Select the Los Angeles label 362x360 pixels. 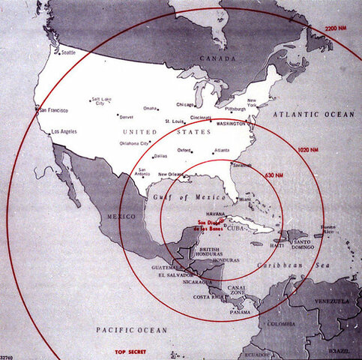click(x=63, y=132)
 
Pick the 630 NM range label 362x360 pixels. click(x=274, y=175)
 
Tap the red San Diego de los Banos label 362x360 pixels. click(x=213, y=224)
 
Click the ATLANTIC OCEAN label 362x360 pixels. click(x=316, y=113)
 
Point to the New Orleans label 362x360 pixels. click(x=173, y=175)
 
